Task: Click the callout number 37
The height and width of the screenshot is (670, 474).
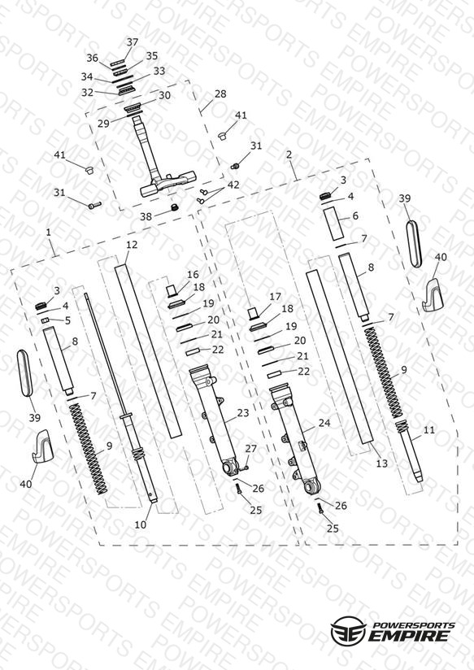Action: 133,42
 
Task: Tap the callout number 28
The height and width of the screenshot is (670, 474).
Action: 220,94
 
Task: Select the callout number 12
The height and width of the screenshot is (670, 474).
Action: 132,245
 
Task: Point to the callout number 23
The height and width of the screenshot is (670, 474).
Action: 243,413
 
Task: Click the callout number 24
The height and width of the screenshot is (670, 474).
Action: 324,423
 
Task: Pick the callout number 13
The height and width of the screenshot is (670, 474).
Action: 381,463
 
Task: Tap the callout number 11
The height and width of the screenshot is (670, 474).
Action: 428,430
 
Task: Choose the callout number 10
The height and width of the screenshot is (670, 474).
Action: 140,524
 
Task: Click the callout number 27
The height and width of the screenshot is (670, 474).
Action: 251,449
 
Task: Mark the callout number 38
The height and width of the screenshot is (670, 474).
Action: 146,216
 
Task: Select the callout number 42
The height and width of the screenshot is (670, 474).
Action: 233,185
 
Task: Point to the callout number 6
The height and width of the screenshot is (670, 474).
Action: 355,215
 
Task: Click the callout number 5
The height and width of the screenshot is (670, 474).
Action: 67,320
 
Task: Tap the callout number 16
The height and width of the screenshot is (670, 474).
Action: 193,274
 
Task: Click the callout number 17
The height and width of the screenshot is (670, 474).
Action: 276,296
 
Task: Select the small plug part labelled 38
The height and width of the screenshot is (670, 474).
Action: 174,208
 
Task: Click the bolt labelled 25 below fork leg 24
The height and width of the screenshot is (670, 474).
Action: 320,508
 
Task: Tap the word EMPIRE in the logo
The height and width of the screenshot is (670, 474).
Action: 409,635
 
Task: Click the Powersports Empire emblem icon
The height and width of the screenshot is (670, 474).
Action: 348,631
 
